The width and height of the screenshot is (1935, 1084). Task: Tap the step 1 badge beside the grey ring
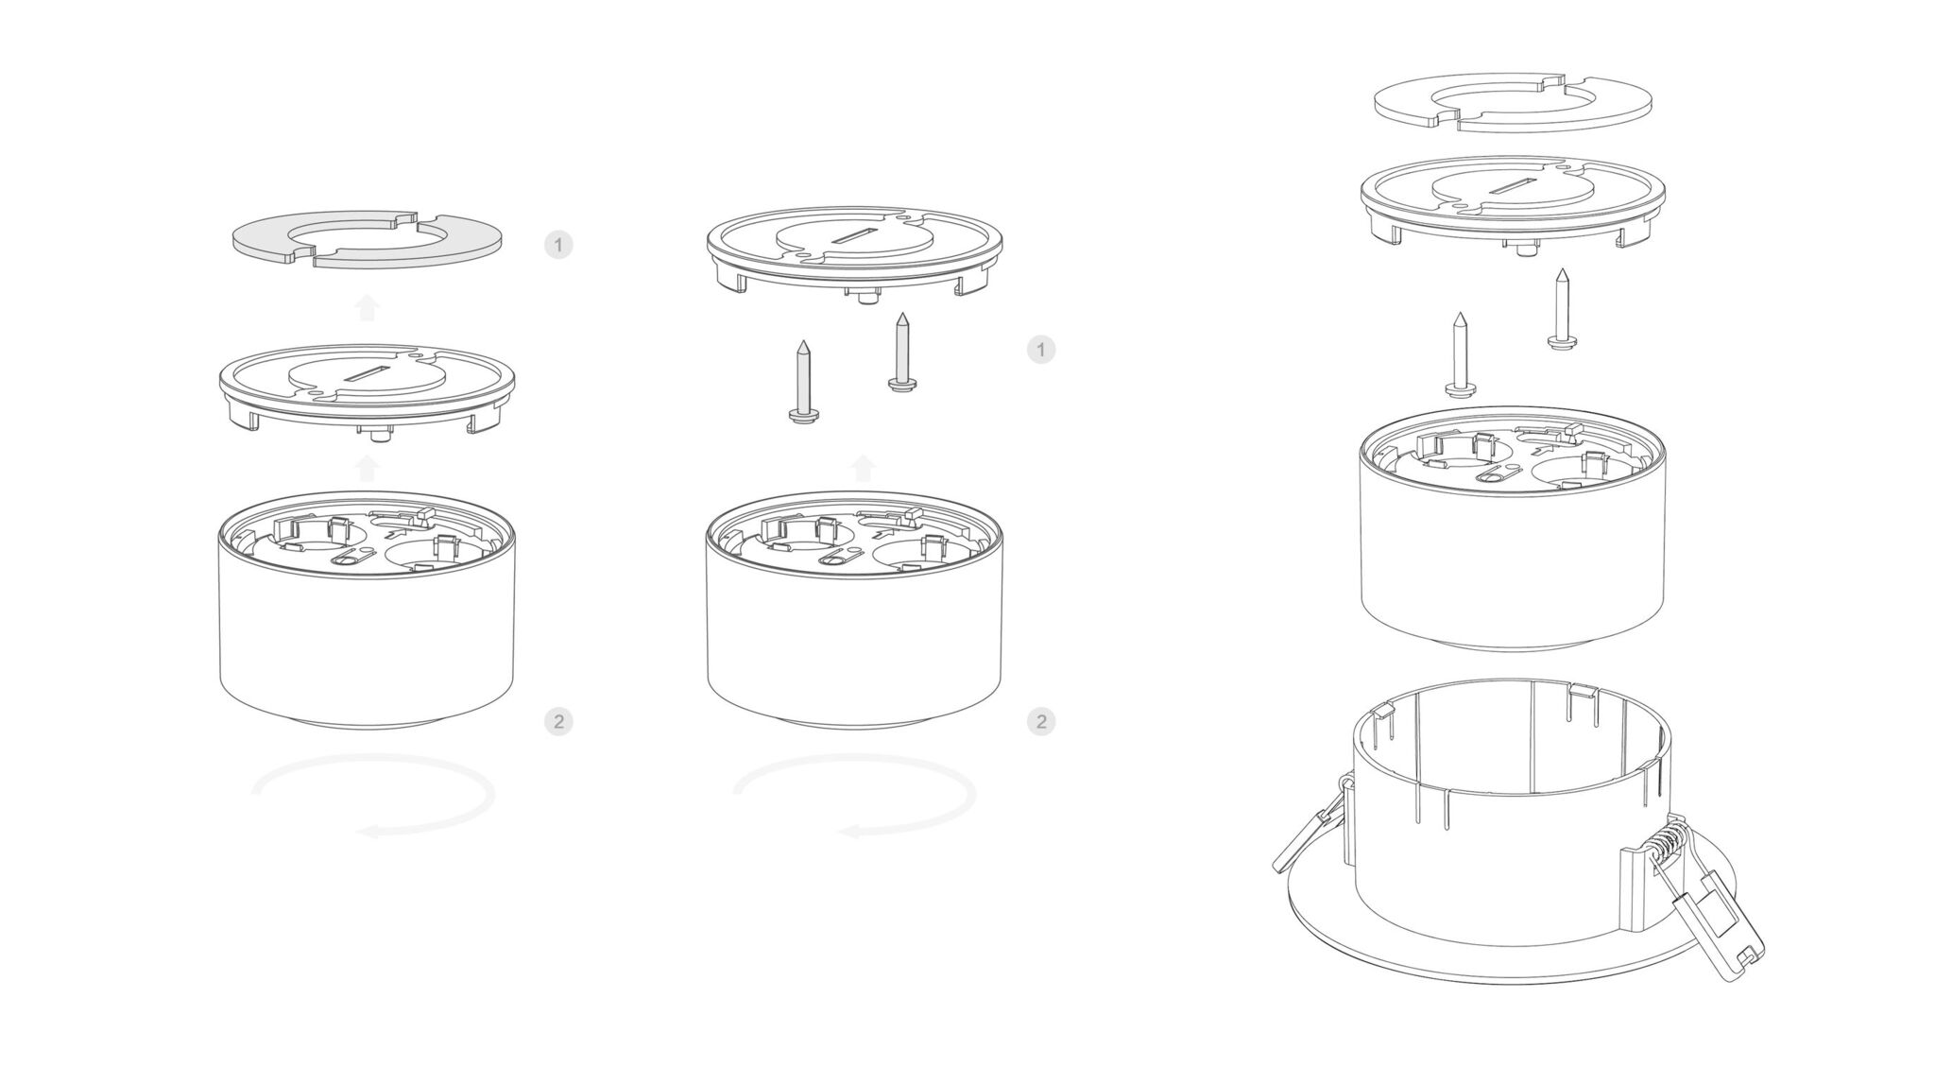click(x=558, y=246)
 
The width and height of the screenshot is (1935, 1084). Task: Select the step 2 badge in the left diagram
click(x=558, y=722)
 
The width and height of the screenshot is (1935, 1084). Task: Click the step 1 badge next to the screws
click(x=1041, y=351)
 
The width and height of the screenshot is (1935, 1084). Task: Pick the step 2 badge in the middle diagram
click(x=1041, y=722)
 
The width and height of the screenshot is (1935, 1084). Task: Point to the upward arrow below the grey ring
click(x=367, y=307)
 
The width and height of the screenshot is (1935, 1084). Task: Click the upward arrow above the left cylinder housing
click(x=367, y=468)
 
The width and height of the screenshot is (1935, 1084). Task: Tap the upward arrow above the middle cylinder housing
click(x=862, y=468)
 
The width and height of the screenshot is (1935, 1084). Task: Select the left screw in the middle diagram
click(x=803, y=382)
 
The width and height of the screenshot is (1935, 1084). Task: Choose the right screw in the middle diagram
click(x=903, y=352)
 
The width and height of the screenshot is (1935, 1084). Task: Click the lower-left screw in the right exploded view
click(x=1460, y=354)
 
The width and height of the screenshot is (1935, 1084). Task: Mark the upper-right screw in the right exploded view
click(x=1563, y=308)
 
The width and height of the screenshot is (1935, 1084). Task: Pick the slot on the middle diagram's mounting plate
click(x=854, y=234)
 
